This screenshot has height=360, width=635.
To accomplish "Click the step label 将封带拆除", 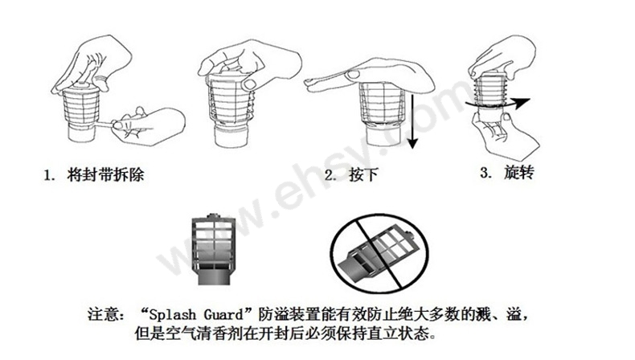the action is [x=105, y=175].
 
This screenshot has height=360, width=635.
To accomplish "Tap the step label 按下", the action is [x=363, y=175].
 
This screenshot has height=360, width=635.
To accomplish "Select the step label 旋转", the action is [x=518, y=173].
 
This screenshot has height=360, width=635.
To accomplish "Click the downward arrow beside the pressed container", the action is [x=412, y=120].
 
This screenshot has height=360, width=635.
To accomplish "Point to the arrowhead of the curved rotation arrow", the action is [x=522, y=103].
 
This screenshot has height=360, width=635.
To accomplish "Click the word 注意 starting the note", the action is [x=103, y=314].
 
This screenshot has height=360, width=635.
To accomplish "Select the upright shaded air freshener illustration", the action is [x=214, y=249].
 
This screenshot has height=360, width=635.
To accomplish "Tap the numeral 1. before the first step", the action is [x=49, y=176].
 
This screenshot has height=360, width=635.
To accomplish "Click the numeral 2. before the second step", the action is [x=330, y=176].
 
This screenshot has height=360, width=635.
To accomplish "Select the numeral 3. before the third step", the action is [x=486, y=173].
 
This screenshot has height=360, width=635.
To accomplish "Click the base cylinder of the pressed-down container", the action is [x=383, y=135].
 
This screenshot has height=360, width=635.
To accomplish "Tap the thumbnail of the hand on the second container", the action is [x=250, y=84].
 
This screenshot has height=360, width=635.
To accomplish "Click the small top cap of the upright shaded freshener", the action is [x=213, y=216].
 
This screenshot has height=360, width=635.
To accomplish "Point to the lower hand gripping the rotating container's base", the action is [x=504, y=133].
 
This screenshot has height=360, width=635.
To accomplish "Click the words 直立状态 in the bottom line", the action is [x=398, y=333].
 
